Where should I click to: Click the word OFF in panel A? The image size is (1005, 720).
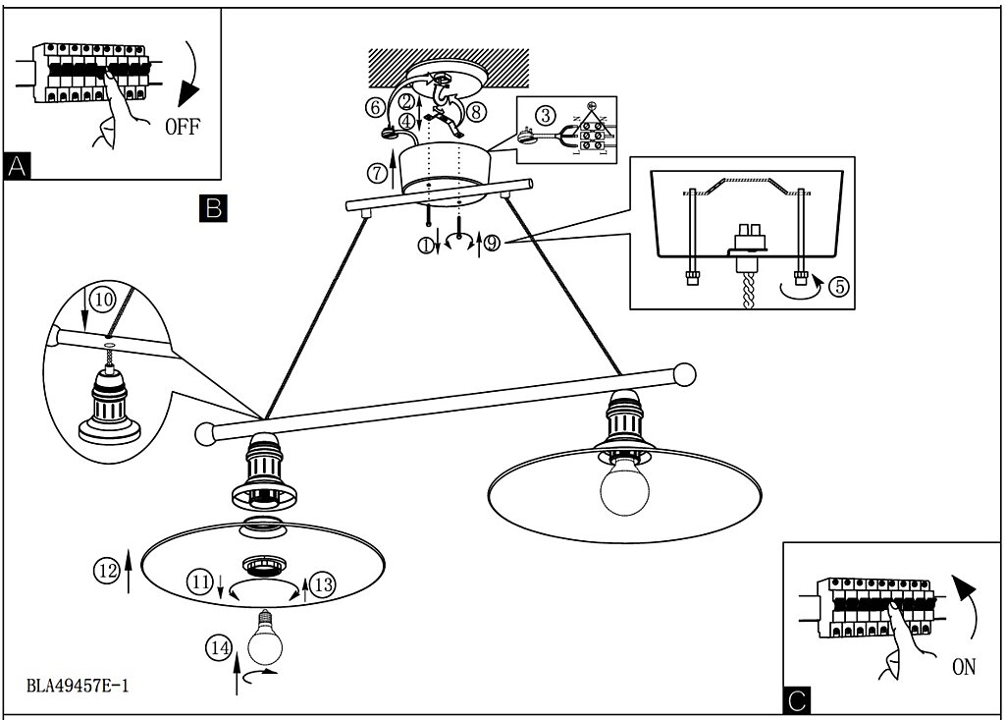coord(183,127)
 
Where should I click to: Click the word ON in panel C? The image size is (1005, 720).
coord(964,667)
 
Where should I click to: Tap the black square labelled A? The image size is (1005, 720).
coord(17,166)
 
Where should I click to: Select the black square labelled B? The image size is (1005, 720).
coord(213,208)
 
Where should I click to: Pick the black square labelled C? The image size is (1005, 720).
coord(797,699)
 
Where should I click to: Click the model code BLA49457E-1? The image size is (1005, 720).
coord(78,686)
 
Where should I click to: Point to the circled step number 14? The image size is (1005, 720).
coord(219,647)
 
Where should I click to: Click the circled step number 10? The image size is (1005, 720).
coord(103,299)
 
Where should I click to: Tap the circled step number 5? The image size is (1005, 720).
coord(839,286)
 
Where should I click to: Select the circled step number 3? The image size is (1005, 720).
coord(546,116)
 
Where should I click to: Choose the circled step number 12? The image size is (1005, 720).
coord(107,570)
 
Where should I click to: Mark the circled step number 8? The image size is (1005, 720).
coord(475,112)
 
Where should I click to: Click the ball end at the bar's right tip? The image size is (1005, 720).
coord(684,375)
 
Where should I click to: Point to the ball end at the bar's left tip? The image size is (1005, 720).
coord(206,434)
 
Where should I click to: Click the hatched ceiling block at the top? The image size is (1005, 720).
coord(449,68)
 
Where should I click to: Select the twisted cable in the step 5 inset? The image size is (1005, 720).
coord(749,289)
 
